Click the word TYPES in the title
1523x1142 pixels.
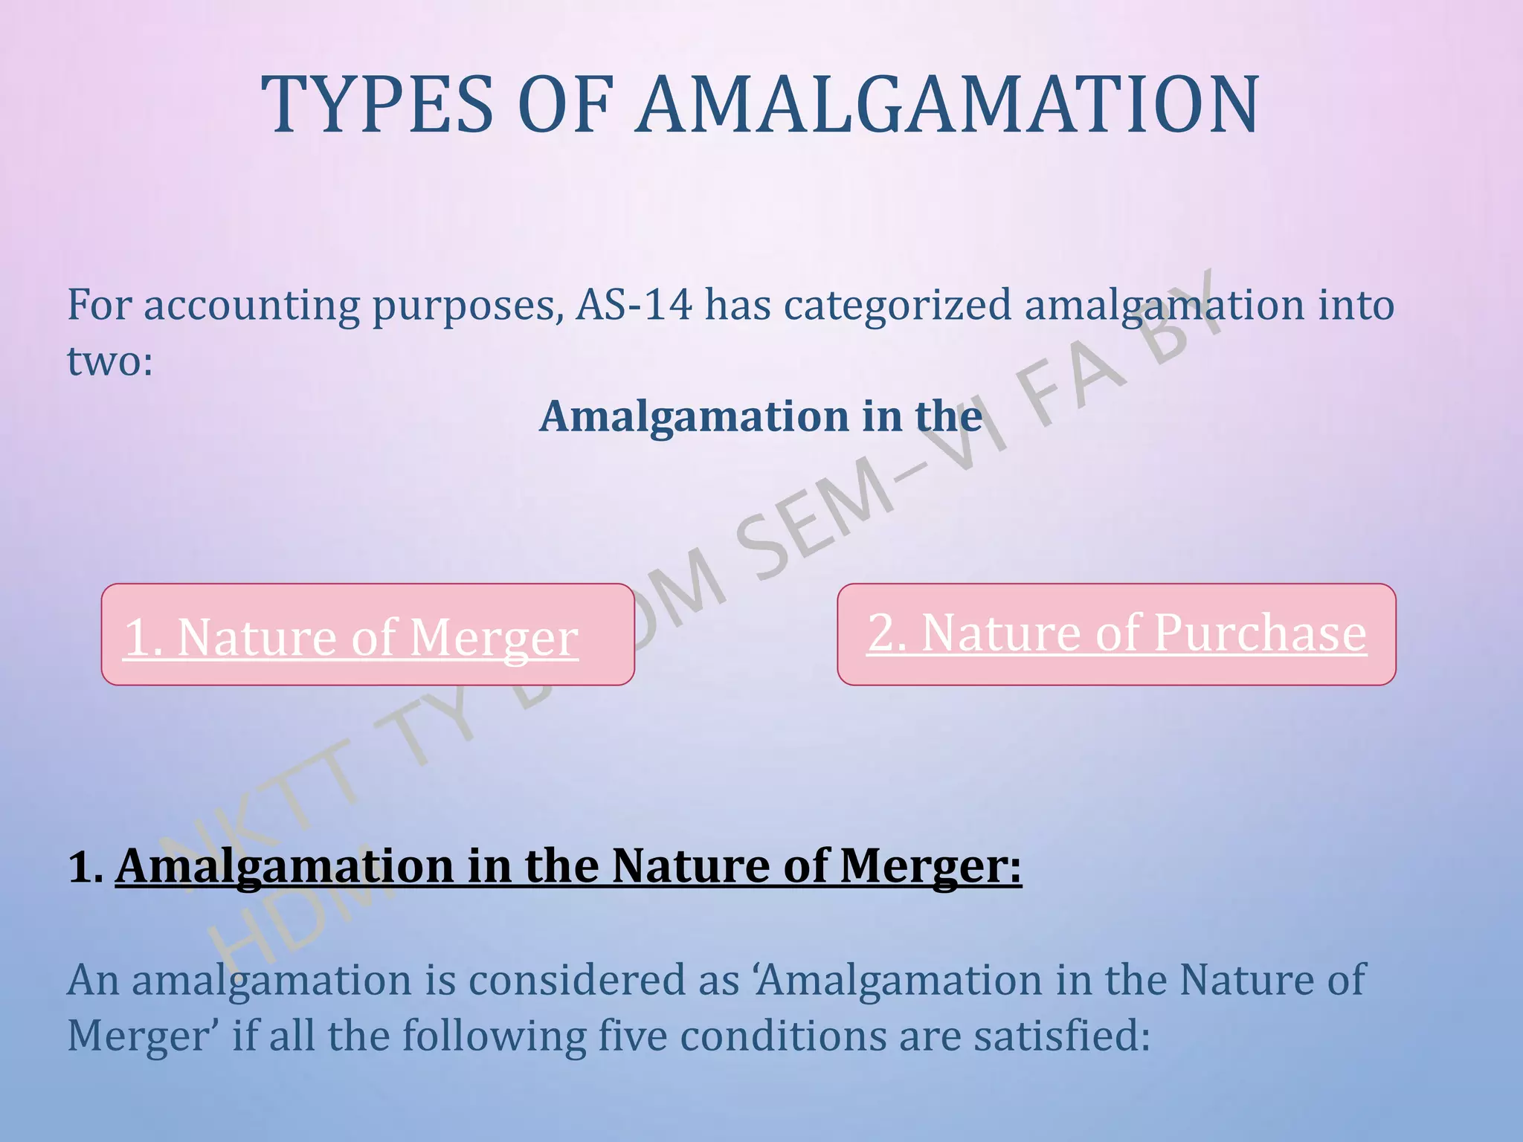pyautogui.click(x=377, y=105)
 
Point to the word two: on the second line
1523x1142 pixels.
pyautogui.click(x=110, y=361)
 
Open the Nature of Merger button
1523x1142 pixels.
pyautogui.click(x=367, y=634)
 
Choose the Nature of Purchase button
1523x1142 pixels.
pyautogui.click(x=1116, y=634)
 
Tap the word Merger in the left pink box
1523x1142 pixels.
pyautogui.click(x=493, y=639)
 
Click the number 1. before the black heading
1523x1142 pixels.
pyautogui.click(x=86, y=867)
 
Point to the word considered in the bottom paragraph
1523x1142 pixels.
pyautogui.click(x=578, y=980)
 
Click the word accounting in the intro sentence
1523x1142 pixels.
pyautogui.click(x=251, y=306)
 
